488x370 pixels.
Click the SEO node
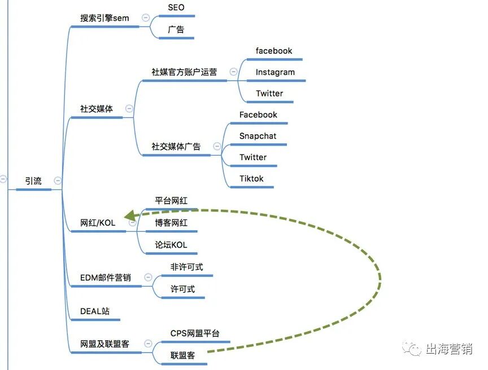[x=176, y=8]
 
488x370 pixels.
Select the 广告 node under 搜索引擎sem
[x=176, y=29]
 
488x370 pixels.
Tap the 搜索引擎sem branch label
[x=104, y=18]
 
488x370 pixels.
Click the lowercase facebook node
[x=273, y=51]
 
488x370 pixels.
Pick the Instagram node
[x=275, y=72]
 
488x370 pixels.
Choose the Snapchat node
[x=258, y=136]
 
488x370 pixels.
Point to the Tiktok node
[x=251, y=179]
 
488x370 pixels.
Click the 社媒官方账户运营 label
[x=184, y=72]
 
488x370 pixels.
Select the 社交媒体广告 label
[x=176, y=147]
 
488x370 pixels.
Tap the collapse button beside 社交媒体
[x=129, y=108]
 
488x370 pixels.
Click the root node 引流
[x=33, y=181]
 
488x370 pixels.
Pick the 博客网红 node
[x=171, y=223]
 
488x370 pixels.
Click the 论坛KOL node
[x=171, y=245]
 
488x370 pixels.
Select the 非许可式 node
[x=186, y=267]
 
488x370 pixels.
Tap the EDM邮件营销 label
[x=106, y=277]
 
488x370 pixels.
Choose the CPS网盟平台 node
[x=195, y=333]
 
